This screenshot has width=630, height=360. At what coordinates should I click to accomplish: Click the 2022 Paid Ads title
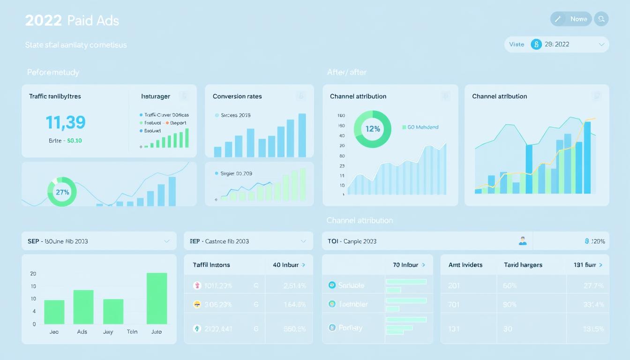click(72, 21)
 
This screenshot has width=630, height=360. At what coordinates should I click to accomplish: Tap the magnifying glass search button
click(601, 19)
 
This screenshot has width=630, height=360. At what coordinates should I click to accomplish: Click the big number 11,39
click(66, 122)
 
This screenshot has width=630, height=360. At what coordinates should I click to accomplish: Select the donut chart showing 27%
click(62, 192)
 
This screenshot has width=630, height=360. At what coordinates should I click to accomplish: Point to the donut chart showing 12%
click(373, 128)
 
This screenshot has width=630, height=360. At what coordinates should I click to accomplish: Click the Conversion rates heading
click(237, 96)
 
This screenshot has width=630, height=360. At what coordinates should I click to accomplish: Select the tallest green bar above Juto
click(157, 298)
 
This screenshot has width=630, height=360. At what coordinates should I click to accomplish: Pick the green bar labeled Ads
click(83, 307)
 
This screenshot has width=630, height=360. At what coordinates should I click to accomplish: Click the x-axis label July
click(108, 331)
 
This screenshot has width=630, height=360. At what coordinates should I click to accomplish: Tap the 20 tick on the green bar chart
click(33, 274)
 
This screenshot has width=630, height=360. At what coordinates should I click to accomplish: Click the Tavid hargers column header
click(523, 265)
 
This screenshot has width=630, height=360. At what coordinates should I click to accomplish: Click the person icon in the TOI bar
click(523, 241)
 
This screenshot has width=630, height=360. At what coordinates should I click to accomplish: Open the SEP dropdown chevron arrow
click(166, 241)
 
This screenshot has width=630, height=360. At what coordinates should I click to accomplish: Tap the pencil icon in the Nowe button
click(558, 19)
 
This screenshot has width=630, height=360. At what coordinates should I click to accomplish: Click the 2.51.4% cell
click(294, 285)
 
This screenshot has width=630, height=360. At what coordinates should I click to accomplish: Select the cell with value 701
click(453, 304)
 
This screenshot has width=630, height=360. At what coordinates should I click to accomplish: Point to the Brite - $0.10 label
click(65, 140)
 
